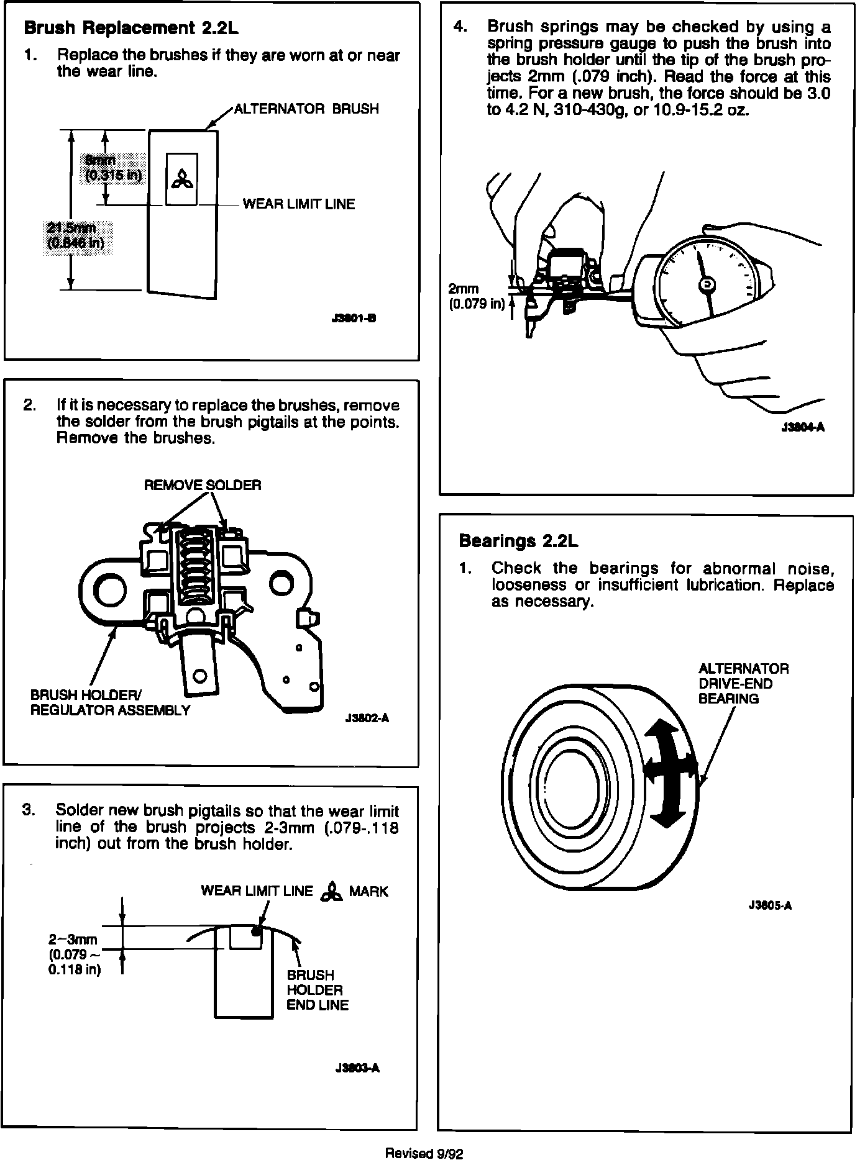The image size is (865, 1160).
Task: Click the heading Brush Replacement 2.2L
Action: click(130, 29)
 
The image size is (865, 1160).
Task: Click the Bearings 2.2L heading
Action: click(518, 541)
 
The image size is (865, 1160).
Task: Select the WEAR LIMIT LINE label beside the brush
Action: click(298, 204)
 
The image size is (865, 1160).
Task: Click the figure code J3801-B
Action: click(354, 319)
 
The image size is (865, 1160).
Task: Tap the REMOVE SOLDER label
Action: click(203, 485)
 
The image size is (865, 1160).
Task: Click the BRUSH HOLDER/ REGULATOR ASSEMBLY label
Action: click(110, 702)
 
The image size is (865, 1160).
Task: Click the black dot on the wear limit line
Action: click(255, 931)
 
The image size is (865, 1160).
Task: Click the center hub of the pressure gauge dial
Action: click(707, 284)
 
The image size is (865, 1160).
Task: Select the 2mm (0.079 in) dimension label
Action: click(476, 297)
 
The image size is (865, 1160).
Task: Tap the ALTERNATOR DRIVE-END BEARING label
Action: click(743, 684)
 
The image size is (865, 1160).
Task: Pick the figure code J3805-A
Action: click(770, 905)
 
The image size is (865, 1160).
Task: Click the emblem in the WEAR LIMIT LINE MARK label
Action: click(331, 892)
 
